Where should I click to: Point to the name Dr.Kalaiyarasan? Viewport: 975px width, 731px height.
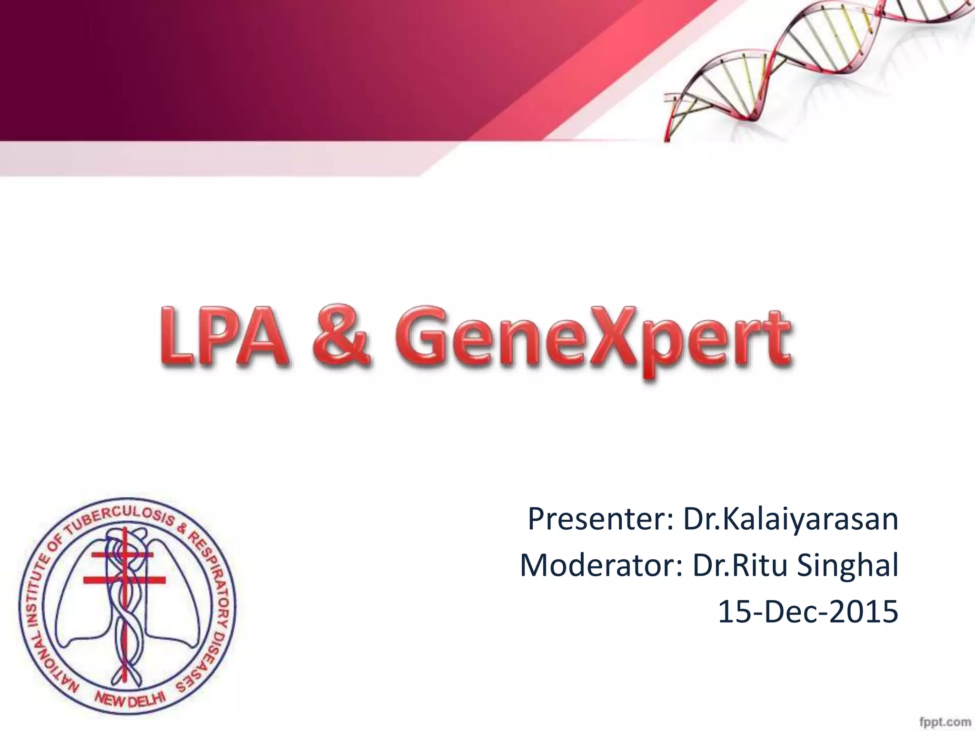(791, 520)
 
